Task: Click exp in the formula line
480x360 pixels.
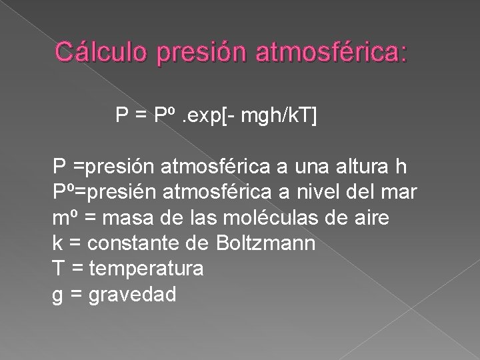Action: click(203, 117)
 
